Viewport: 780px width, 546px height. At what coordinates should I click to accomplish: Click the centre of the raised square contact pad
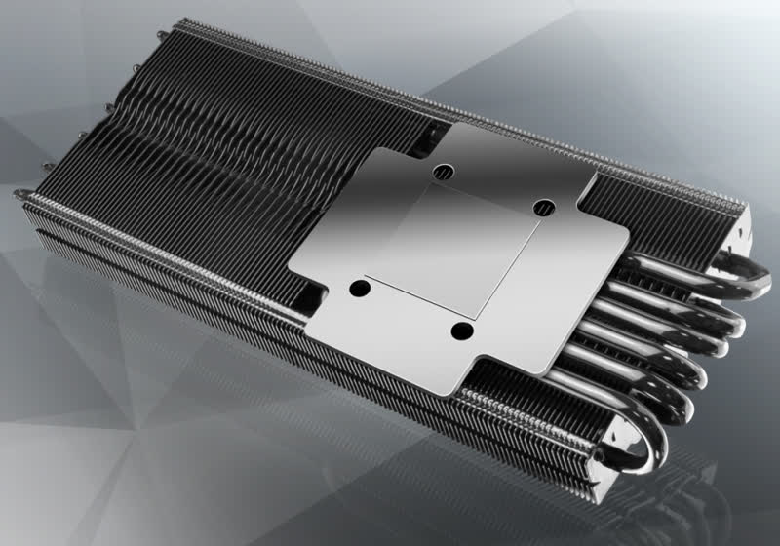tap(456, 250)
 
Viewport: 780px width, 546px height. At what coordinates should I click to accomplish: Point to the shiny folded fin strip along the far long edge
tap(322, 73)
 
